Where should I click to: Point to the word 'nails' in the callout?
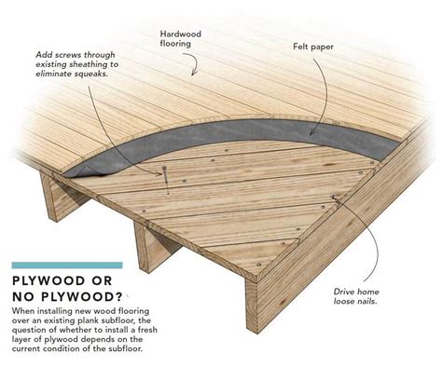[x=381, y=304]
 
